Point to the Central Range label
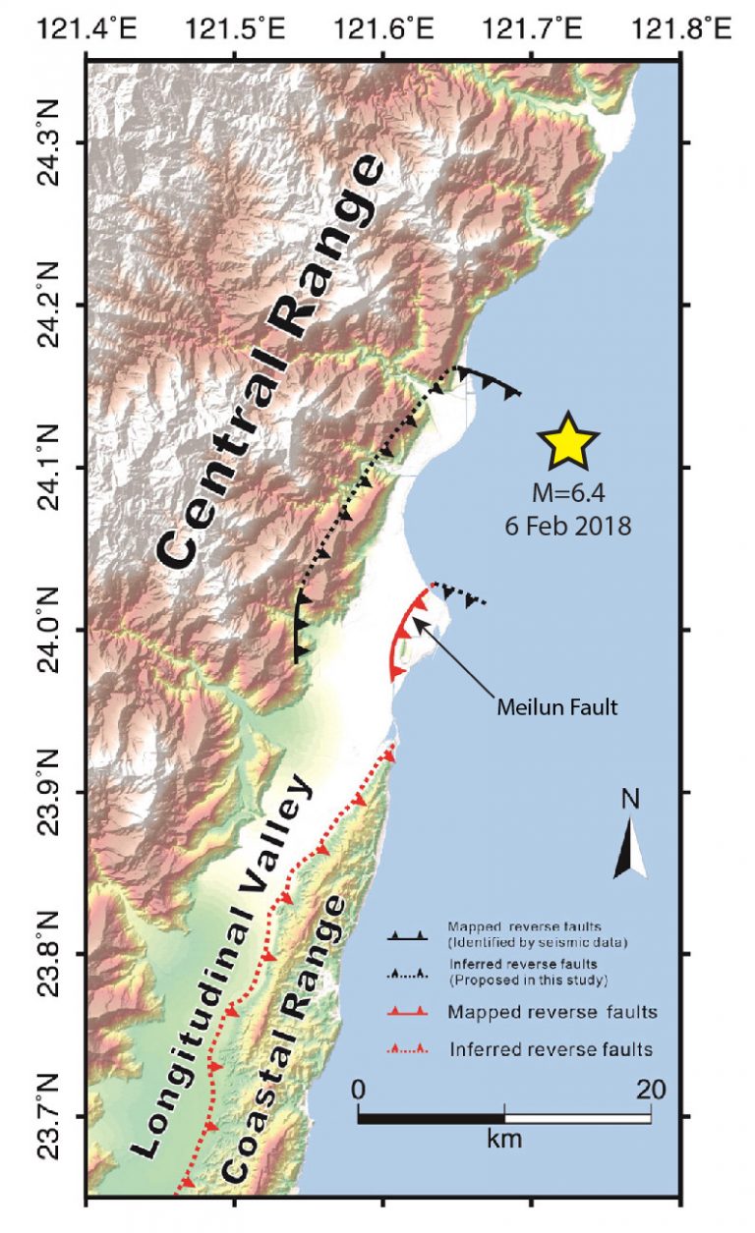coord(269,364)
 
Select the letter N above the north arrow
coord(631,801)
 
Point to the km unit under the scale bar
coord(503,1140)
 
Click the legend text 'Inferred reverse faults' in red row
coord(550,1049)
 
